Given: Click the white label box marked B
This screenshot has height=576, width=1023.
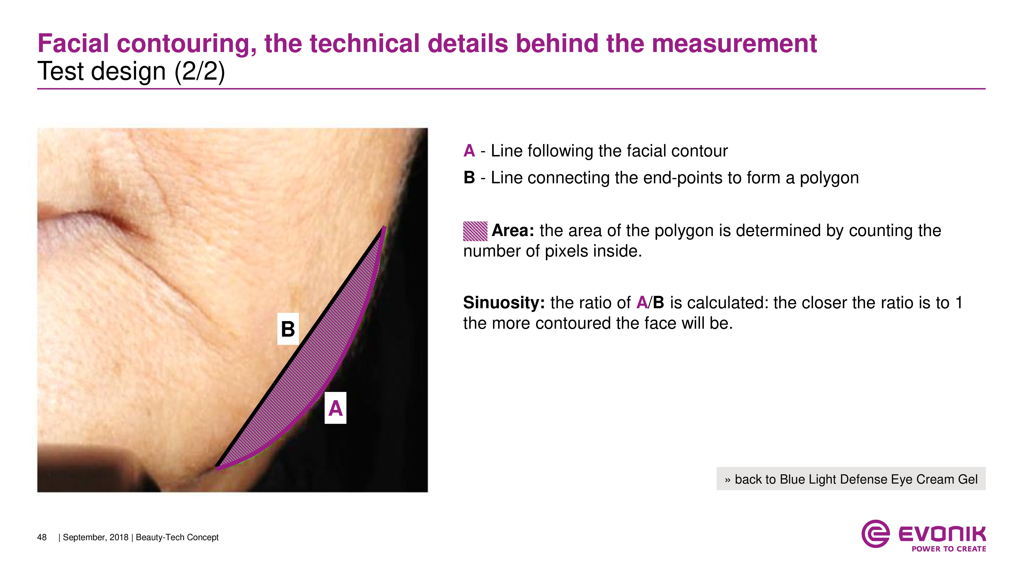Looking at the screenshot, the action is click(288, 329).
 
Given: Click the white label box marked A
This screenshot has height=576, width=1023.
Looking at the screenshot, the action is click(336, 408).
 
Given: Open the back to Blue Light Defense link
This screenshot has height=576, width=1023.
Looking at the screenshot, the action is click(851, 479).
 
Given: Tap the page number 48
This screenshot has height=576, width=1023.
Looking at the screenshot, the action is click(42, 537).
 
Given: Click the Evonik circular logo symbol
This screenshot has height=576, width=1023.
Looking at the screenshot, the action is click(875, 534).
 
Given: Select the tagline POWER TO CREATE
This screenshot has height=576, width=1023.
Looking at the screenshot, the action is click(949, 549).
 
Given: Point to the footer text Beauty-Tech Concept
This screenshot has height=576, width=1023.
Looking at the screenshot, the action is click(177, 537).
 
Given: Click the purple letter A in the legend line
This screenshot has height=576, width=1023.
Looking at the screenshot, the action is click(469, 151).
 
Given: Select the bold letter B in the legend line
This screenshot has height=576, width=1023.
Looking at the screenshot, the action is click(469, 178).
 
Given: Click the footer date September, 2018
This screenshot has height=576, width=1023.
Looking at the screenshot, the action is click(96, 537).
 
